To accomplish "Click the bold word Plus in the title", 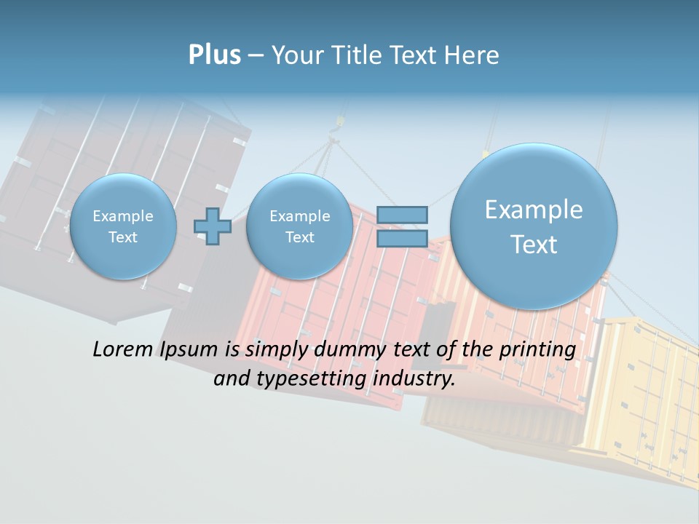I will point(214,55).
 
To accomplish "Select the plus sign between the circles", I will point(213,226).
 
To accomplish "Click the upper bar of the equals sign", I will point(402,215).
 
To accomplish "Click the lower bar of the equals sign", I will point(402,238).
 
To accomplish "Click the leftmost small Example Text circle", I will point(123,226).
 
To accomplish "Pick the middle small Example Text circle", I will point(299,226).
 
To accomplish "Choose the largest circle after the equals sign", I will point(534,226).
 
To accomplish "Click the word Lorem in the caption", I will point(122,349).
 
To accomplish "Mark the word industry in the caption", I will point(414,379).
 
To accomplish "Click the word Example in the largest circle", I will point(534,210).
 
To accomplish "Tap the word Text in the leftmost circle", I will point(123,237).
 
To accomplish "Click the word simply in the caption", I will point(271,350).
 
